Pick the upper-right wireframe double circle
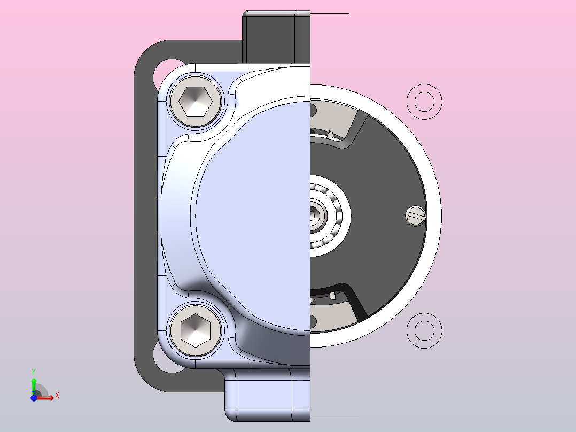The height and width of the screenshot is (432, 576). (x=424, y=101)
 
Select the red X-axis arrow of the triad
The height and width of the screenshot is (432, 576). (x=47, y=398)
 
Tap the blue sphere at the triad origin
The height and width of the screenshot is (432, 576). (x=34, y=398)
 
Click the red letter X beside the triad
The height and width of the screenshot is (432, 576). (x=57, y=396)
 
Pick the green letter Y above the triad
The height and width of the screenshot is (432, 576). (x=34, y=371)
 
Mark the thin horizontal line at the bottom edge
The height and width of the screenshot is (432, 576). (x=334, y=419)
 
